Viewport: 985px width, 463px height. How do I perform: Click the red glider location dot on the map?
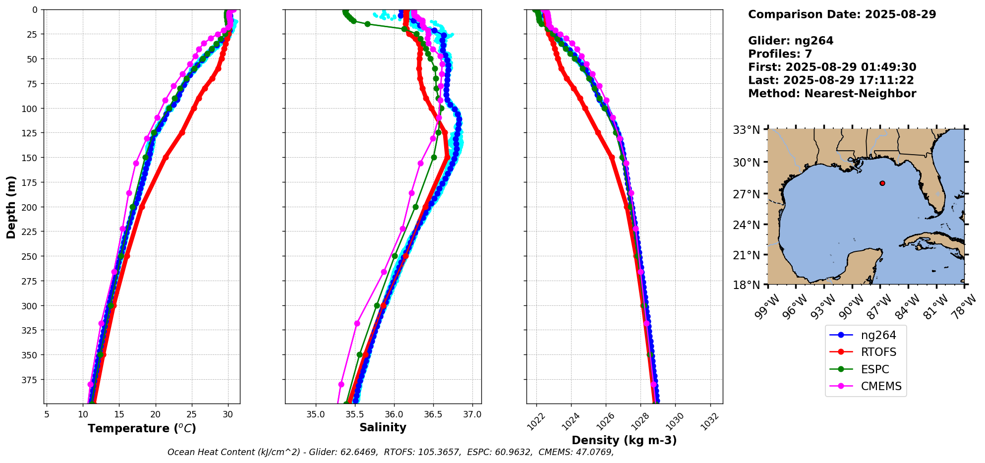(x=882, y=183)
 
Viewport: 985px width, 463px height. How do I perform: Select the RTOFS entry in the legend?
(x=878, y=352)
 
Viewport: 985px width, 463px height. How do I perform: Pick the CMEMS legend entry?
(x=881, y=387)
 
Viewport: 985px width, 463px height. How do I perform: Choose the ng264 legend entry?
(x=878, y=335)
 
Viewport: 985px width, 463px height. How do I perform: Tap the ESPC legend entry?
(x=875, y=370)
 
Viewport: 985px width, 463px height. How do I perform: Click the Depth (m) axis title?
(x=11, y=207)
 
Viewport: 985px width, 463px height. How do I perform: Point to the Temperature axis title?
(x=142, y=428)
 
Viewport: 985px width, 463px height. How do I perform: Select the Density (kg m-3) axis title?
(x=624, y=440)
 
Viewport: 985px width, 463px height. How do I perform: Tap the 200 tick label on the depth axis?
(x=31, y=207)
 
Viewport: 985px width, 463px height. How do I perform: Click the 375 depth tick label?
(x=31, y=380)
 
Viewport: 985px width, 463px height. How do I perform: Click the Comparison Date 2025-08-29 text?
(x=842, y=14)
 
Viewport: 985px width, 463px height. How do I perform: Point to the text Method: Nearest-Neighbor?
(x=832, y=94)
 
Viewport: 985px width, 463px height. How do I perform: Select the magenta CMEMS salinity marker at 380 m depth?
(x=341, y=384)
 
